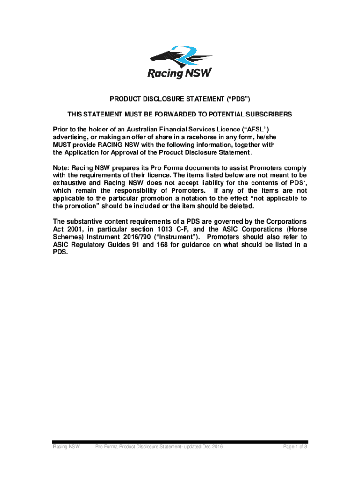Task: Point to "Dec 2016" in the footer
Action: click(211, 447)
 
